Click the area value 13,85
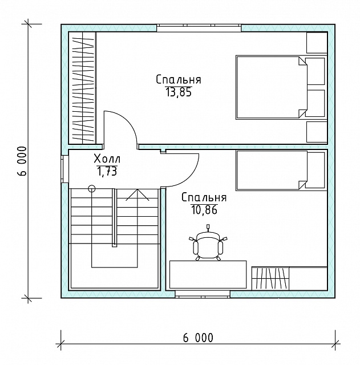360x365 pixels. (x=179, y=92)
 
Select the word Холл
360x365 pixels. (x=107, y=159)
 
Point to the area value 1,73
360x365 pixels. (x=107, y=172)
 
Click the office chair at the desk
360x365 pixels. (x=208, y=244)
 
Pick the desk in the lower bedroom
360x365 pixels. (x=208, y=275)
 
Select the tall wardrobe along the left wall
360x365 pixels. (x=82, y=88)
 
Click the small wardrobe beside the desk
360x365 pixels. (x=270, y=278)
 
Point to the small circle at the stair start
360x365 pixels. (x=92, y=188)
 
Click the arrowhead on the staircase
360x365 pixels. (x=137, y=194)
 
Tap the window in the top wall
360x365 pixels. (x=199, y=28)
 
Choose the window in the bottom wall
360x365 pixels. (x=203, y=294)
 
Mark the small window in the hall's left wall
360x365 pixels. (x=64, y=169)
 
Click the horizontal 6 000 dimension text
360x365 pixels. (x=198, y=338)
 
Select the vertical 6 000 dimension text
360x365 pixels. (x=22, y=161)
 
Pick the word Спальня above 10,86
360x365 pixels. (x=204, y=198)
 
